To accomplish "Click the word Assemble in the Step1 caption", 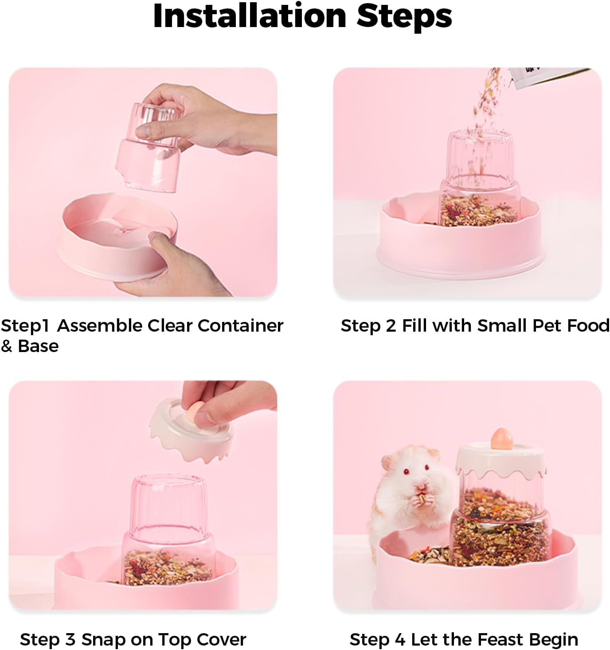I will tap(101, 326).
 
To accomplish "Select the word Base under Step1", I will tap(38, 346).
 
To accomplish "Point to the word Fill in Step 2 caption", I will tap(415, 326).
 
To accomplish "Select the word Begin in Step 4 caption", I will tap(555, 639).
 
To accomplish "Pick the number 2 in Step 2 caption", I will tap(391, 326).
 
